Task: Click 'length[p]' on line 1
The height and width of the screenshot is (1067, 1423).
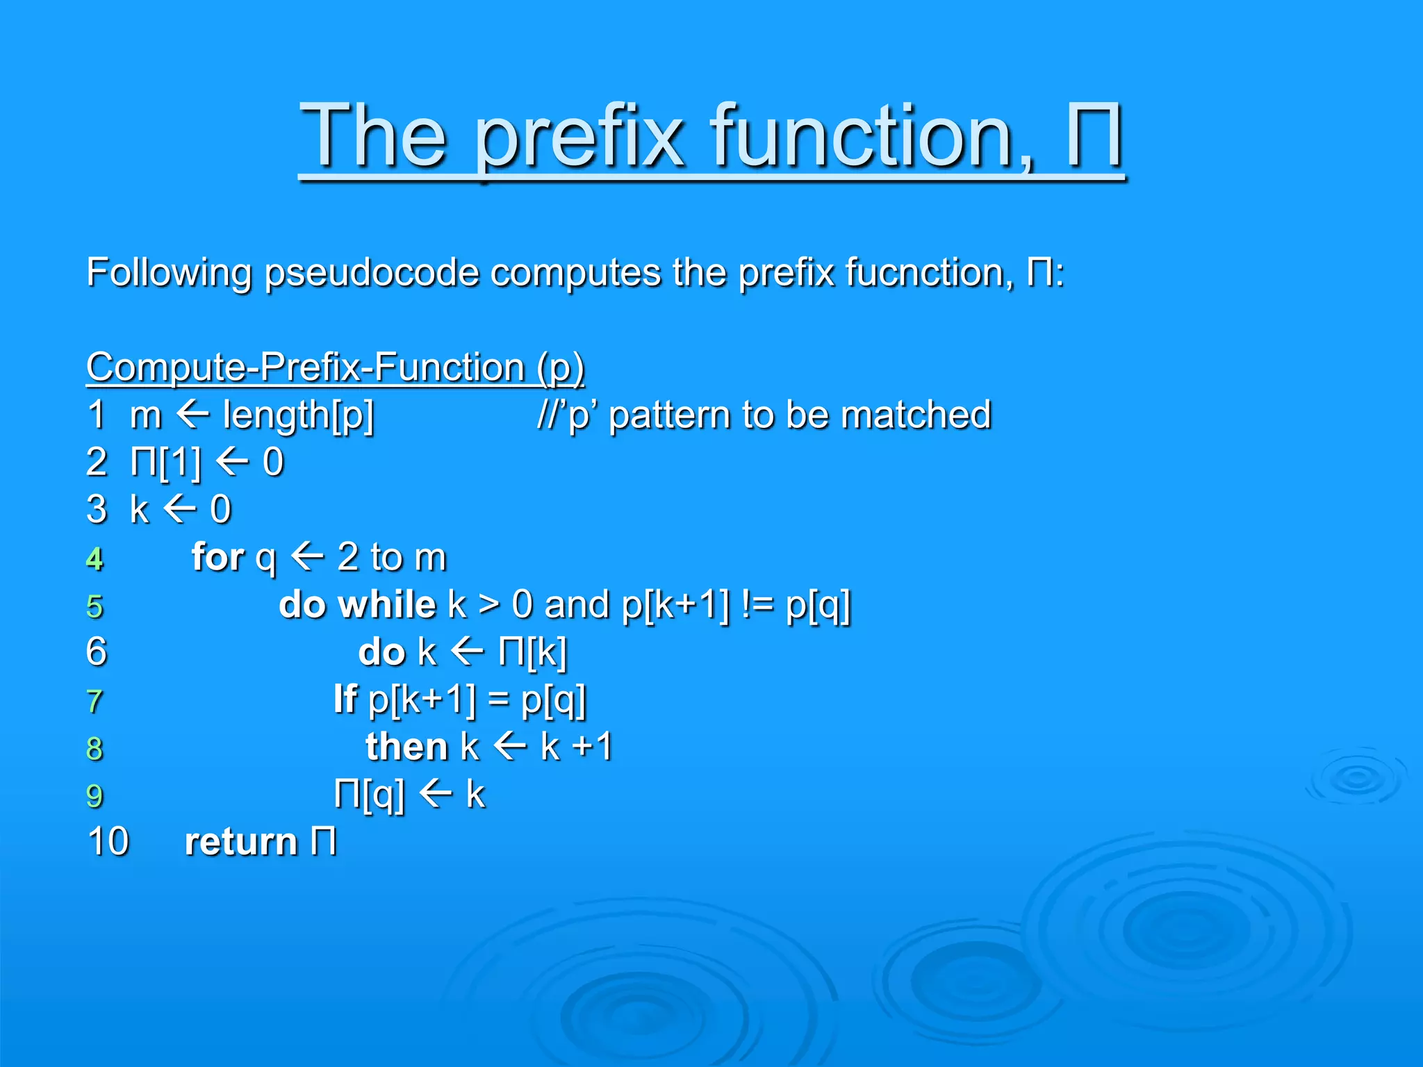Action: coord(298,415)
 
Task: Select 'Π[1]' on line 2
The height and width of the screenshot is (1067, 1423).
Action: coord(165,462)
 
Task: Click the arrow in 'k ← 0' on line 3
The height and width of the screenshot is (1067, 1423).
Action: coord(180,509)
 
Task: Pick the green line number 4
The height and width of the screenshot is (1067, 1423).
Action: coord(94,559)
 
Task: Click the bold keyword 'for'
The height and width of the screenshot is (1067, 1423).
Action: coord(217,557)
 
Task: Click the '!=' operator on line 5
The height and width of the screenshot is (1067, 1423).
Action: coord(757,604)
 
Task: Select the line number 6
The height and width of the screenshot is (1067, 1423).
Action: coord(97,652)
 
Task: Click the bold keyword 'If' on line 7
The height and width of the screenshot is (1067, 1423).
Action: coord(345,699)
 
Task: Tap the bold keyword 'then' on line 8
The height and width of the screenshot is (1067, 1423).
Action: coord(406,747)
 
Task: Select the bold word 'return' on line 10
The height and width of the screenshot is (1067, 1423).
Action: coord(240,842)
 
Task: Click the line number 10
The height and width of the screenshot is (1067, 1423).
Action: coord(108,842)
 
